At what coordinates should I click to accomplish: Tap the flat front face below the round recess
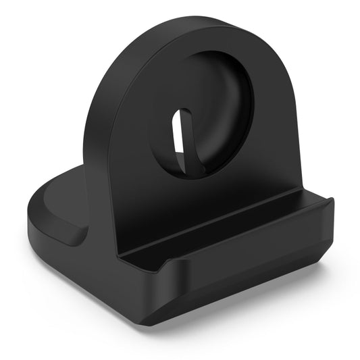[x=203, y=189]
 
